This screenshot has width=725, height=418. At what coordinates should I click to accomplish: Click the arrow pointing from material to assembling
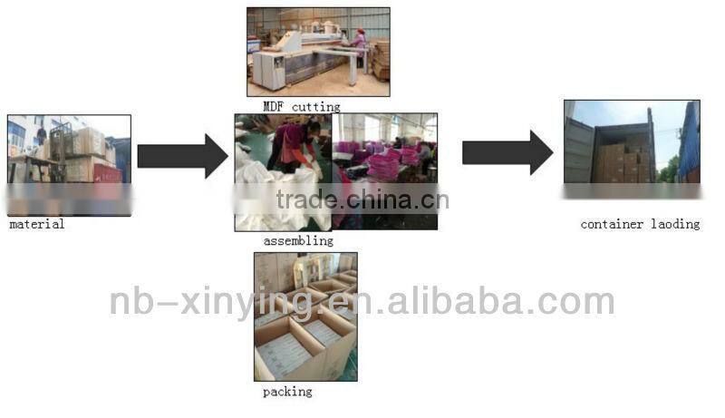181,156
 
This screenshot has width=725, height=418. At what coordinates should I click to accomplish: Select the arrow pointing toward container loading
507,151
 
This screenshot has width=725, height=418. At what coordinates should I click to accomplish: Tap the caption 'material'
37,224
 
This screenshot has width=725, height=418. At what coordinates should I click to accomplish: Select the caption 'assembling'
298,241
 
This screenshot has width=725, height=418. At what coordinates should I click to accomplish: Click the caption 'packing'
287,392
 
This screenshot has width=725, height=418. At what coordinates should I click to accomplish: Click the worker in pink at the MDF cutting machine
360,42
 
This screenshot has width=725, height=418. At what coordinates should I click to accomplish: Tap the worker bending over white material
295,145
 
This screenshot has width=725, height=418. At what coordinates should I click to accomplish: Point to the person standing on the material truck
42,135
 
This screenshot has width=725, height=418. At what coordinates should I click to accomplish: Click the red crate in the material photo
107,172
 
